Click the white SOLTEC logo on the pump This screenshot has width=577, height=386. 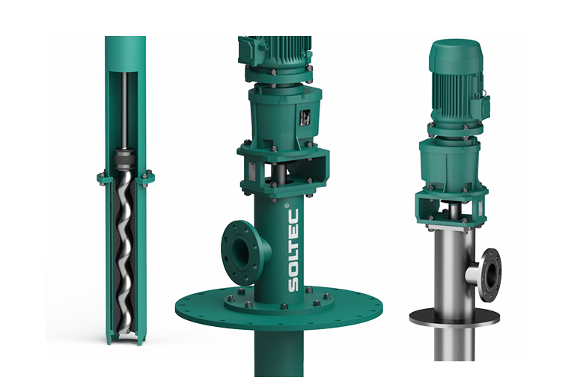[293, 250]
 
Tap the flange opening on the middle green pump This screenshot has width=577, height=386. [240, 251]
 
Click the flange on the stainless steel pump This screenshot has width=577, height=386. [491, 275]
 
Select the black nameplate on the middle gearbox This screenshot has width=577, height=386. [305, 117]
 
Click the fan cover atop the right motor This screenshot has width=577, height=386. [456, 55]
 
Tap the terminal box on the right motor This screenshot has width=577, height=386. [483, 105]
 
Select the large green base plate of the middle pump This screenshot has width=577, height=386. [278, 310]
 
